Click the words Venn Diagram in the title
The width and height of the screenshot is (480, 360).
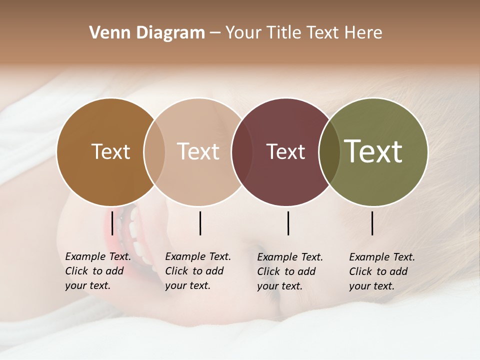coord(147,33)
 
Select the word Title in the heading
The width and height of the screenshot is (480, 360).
coord(284,33)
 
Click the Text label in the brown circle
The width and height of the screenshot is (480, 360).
coord(110,152)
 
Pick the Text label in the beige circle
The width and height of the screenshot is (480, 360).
coord(198,152)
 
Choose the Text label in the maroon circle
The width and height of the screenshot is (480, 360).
coord(285,152)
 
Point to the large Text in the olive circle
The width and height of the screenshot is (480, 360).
coord(373,151)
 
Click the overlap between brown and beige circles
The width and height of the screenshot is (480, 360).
coord(154,152)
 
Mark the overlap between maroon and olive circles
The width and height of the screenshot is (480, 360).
coord(329,152)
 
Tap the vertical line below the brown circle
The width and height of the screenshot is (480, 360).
coord(112,223)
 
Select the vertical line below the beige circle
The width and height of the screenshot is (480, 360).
coord(200,223)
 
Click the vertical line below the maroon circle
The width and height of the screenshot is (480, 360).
coord(288,223)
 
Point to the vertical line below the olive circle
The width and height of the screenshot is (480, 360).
coord(372,223)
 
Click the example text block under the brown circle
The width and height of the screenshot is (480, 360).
coord(97,271)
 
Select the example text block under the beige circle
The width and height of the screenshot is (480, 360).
coord(197,271)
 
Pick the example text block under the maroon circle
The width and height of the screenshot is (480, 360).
coord(289,271)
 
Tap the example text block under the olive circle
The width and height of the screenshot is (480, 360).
coord(381,271)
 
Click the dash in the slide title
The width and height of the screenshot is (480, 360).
coord(215,33)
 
